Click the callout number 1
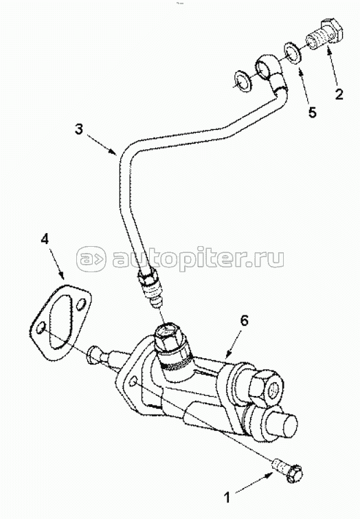point(227,497)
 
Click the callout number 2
point(339,94)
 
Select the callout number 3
point(78,129)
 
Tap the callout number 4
point(45,239)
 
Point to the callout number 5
point(312,112)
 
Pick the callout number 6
point(243,320)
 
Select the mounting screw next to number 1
point(287,469)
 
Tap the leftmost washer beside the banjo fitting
point(243,80)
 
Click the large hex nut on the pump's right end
point(267,390)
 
